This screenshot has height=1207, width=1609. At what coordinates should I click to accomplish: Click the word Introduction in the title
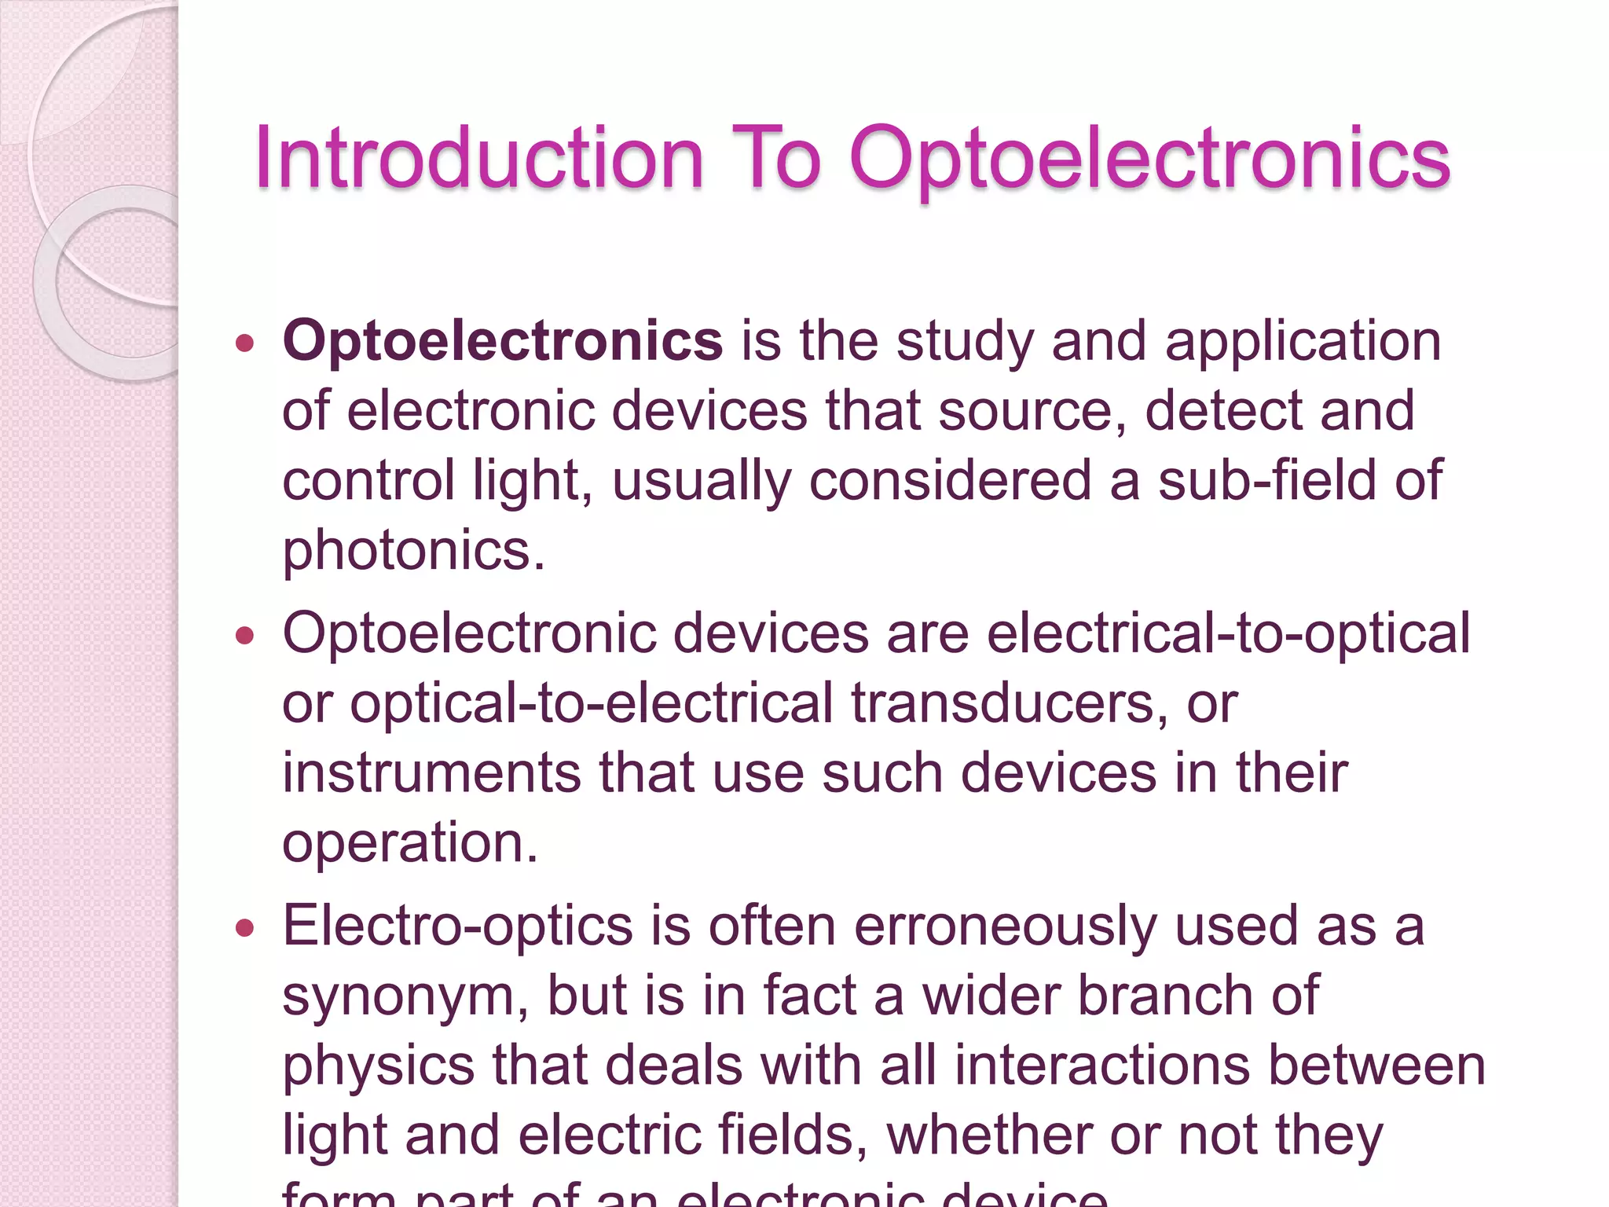[478, 159]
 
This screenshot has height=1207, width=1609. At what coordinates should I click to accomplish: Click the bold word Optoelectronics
[503, 343]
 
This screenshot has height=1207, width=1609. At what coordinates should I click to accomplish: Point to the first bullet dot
[245, 343]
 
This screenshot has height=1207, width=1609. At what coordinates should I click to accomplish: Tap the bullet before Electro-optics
[245, 928]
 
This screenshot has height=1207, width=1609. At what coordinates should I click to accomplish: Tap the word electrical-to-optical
[1228, 633]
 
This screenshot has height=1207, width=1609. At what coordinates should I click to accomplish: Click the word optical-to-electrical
[591, 703]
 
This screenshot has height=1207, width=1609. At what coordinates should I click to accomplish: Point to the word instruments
[431, 773]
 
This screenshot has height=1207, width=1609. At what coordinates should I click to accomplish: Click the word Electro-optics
[457, 926]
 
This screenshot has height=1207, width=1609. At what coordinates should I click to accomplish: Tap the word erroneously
[1005, 926]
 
